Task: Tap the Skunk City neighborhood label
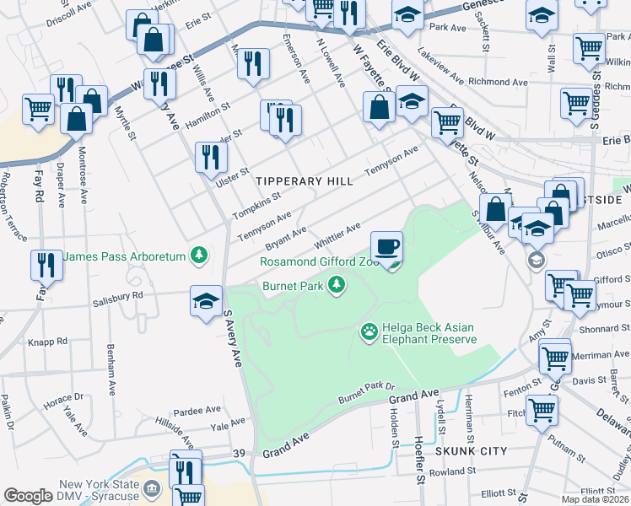(x=471, y=451)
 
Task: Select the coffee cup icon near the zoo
(x=387, y=247)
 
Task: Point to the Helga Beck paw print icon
(x=369, y=333)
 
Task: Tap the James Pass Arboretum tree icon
(x=199, y=254)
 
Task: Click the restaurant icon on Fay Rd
(x=46, y=265)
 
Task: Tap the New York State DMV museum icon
(x=152, y=488)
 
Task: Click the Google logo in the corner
(x=28, y=496)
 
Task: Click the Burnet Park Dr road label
(x=366, y=391)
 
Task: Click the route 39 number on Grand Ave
(x=239, y=454)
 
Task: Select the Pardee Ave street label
(x=197, y=410)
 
